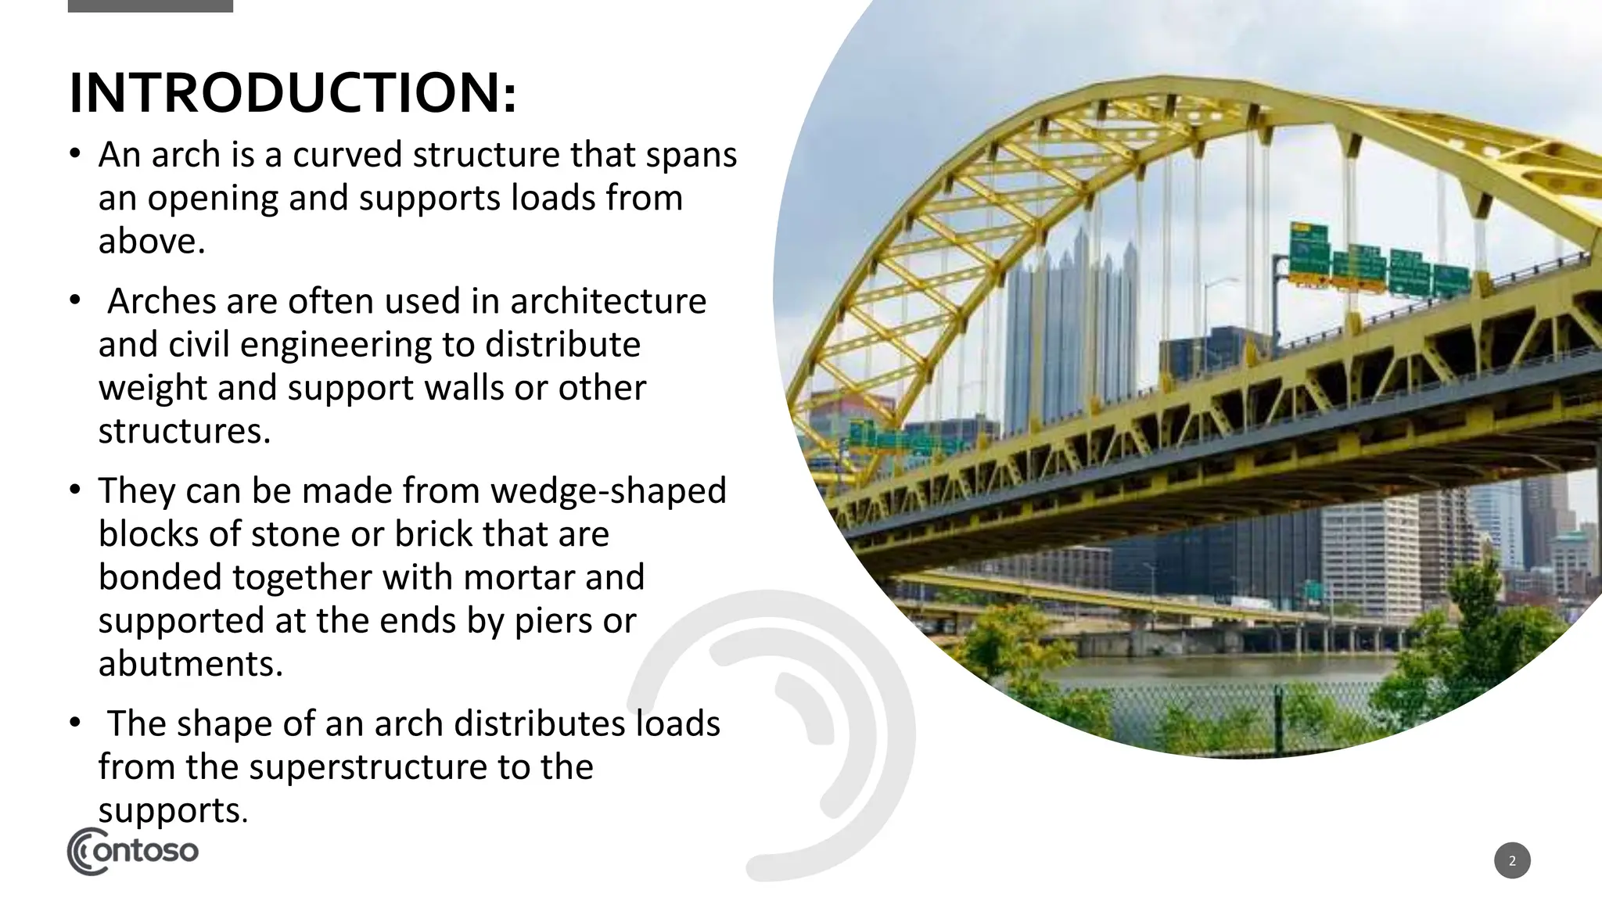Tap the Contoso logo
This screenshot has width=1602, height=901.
pyautogui.click(x=133, y=851)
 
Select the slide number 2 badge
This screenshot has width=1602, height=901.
pyautogui.click(x=1511, y=861)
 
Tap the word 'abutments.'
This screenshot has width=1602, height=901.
pyautogui.click(x=190, y=664)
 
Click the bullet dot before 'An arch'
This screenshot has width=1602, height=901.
pyautogui.click(x=74, y=153)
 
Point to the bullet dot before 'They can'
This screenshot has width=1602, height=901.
pyautogui.click(x=74, y=490)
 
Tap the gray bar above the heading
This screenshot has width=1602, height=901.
pyautogui.click(x=150, y=5)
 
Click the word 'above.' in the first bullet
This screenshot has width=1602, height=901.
pyautogui.click(x=151, y=241)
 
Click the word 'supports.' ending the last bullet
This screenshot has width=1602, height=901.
pyautogui.click(x=172, y=810)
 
